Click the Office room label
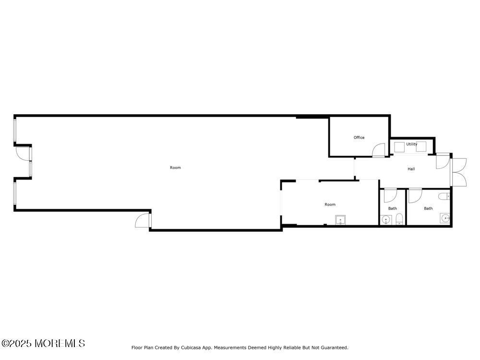[x=359, y=138]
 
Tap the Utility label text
[x=412, y=144]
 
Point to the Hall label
[x=411, y=169]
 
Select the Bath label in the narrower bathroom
[x=393, y=208]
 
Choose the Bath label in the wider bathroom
[x=428, y=208]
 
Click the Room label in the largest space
[x=175, y=168]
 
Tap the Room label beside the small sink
[x=330, y=204]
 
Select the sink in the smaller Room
[x=340, y=220]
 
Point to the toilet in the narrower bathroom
[x=399, y=219]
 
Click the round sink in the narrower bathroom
[x=386, y=220]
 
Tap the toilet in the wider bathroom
[x=444, y=196]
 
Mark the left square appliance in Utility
[x=399, y=147]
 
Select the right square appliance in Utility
[x=421, y=147]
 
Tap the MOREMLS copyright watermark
[x=43, y=343]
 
